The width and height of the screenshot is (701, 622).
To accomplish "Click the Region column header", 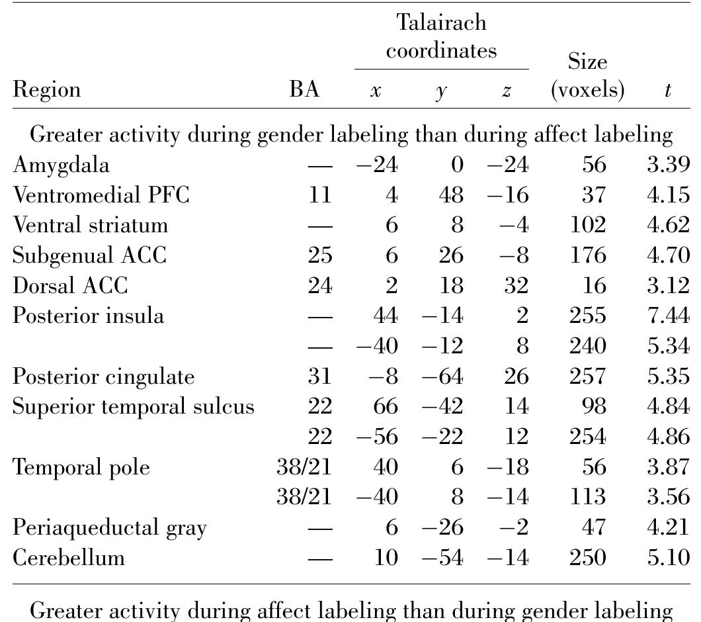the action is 46,90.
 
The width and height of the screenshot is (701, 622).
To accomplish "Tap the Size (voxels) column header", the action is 587,75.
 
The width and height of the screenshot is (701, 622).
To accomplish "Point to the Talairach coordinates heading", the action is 441,36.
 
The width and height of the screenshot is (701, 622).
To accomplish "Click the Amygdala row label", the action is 61,165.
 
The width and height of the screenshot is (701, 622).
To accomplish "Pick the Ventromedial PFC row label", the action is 101,195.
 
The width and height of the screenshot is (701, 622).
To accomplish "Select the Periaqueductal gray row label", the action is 110,528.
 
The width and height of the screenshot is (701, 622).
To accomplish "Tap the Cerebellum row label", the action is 68,558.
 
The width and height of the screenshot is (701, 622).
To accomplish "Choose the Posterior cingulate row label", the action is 103,377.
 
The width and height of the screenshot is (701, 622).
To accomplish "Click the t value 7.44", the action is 669,316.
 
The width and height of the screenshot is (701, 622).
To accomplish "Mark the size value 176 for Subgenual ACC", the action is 588,255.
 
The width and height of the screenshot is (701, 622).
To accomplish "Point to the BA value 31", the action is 319,377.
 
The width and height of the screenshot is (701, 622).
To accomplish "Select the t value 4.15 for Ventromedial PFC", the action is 669,195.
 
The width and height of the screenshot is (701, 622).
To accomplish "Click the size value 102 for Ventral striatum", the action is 588,224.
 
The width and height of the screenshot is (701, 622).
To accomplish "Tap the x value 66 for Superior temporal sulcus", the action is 386,406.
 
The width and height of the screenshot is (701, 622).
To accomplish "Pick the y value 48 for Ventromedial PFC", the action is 451,195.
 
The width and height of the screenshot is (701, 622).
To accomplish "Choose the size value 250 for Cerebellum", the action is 588,558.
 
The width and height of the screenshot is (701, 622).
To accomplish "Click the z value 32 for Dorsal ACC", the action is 516,285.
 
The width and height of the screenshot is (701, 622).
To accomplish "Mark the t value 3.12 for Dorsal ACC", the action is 669,285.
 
